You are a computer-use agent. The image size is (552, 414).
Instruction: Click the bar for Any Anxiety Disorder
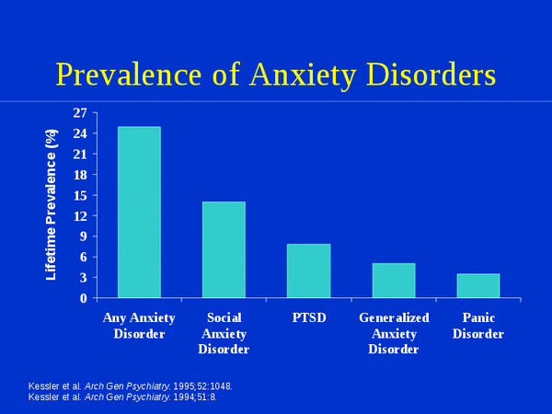140,213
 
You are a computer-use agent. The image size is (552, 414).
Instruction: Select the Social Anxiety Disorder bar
224,250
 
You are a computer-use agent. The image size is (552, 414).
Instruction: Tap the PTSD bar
309,271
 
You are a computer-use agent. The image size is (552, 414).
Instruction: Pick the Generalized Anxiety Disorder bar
394,281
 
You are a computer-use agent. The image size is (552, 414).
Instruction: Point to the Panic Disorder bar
478,286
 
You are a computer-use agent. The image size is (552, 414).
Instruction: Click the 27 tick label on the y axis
80,113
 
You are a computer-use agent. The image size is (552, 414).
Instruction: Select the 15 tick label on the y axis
80,195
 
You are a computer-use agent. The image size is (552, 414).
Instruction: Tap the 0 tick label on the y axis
84,298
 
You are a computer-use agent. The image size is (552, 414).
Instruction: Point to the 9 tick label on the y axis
84,236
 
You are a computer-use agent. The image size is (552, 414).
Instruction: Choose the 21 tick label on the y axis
80,154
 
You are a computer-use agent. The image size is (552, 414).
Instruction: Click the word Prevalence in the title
129,75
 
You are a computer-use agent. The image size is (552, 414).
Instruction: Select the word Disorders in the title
431,75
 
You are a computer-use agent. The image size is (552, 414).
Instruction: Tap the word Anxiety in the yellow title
303,76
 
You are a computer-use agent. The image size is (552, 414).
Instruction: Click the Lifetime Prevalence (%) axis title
51,205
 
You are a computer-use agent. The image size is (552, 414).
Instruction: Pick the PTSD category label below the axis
309,317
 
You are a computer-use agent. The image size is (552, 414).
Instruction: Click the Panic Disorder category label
478,326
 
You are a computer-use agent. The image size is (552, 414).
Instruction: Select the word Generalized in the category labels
394,317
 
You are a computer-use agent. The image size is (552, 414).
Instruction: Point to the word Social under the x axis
224,317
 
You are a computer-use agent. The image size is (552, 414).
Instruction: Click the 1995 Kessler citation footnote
131,386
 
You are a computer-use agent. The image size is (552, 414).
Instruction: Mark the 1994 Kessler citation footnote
122,397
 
